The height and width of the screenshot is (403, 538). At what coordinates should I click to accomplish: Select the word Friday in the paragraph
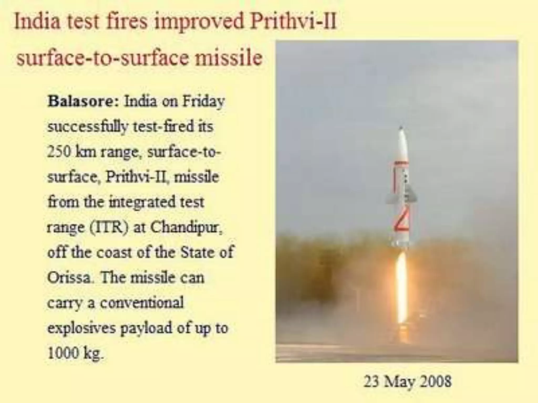(203, 102)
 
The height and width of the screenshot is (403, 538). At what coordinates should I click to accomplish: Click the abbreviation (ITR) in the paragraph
(109, 227)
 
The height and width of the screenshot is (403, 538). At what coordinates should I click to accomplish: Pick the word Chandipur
(187, 228)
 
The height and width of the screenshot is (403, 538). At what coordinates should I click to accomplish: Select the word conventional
(142, 303)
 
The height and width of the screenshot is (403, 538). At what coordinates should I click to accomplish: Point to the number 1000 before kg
(63, 353)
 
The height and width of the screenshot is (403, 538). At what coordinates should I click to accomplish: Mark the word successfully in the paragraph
(88, 127)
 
